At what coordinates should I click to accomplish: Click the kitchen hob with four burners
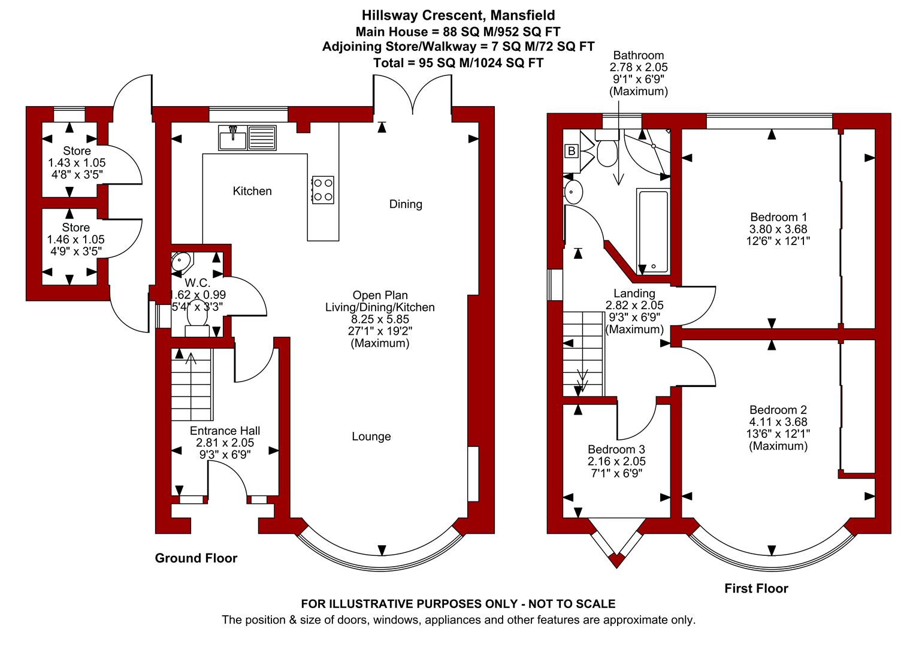(323, 190)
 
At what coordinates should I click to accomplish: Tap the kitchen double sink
(247, 137)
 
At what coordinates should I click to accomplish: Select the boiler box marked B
(572, 151)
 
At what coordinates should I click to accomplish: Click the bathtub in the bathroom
(653, 231)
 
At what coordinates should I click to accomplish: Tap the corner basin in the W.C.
(181, 261)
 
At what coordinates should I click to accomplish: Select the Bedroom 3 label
(616, 449)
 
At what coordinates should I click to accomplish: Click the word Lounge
(371, 437)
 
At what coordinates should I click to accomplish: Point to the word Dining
(406, 204)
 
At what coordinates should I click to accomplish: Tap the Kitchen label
(252, 191)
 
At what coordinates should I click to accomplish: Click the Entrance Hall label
(225, 431)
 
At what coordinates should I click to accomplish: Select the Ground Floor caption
(196, 558)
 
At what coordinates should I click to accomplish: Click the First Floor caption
(757, 588)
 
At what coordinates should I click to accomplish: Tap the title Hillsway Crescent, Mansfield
(458, 16)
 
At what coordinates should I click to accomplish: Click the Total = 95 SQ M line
(458, 63)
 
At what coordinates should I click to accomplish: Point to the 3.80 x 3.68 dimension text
(778, 229)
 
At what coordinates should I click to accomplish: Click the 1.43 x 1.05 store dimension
(77, 163)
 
